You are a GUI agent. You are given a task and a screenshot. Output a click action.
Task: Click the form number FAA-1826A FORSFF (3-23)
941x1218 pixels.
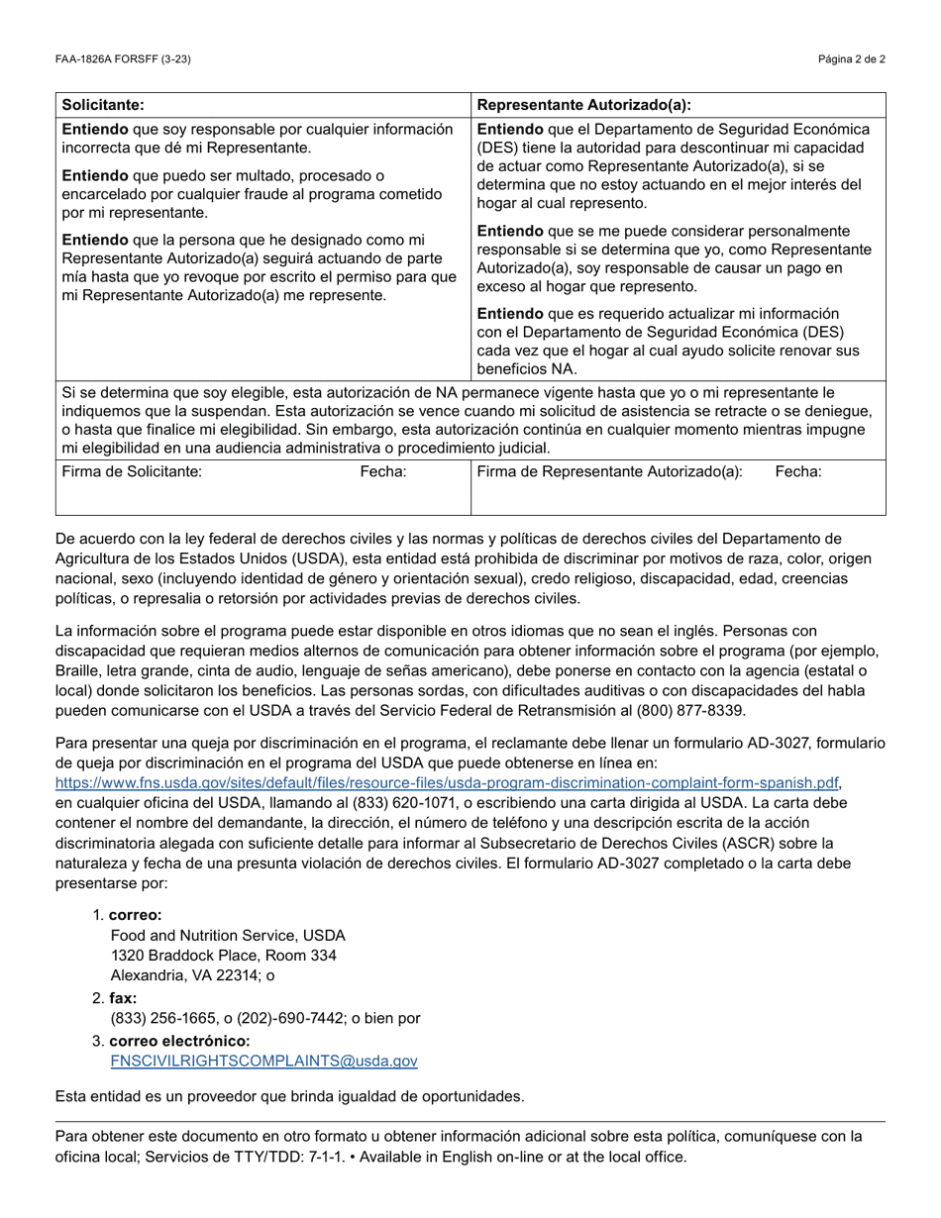(123, 59)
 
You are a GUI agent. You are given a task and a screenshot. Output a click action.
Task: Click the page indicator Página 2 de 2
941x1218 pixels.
(852, 59)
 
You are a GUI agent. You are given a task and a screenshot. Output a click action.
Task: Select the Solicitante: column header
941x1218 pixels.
(103, 104)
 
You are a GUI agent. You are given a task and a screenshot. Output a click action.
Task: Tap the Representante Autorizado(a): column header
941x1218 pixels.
(583, 105)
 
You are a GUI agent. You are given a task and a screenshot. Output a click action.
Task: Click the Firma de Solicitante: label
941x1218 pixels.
(132, 472)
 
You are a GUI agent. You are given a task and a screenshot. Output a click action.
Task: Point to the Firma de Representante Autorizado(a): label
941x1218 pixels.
(609, 472)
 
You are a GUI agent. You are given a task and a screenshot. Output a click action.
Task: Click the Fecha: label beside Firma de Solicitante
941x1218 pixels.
(383, 472)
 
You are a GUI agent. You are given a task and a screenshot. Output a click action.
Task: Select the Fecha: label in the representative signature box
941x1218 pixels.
(797, 472)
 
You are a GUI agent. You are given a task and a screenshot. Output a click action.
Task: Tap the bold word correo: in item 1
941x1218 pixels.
(136, 915)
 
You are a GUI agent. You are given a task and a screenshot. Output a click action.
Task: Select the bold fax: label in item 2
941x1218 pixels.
(123, 998)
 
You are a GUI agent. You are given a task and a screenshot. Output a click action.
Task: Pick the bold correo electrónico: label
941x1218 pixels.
(179, 1041)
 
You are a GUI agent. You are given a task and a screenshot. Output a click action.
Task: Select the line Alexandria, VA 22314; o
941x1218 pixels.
(192, 975)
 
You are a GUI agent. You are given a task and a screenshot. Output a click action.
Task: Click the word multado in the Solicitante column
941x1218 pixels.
(289, 175)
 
